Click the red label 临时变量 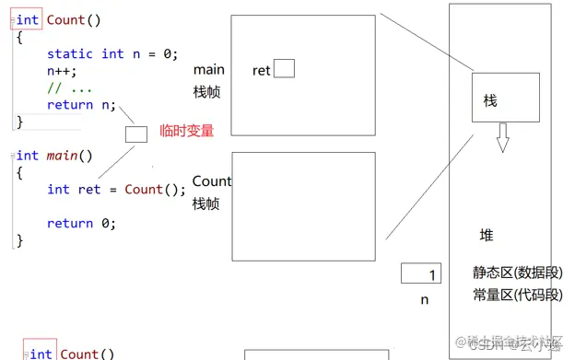pos(186,131)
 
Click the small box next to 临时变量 pos(136,134)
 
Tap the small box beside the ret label pos(284,68)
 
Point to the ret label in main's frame pos(262,70)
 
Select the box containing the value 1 pos(421,274)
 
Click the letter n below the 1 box pos(425,299)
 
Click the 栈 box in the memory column pos(498,100)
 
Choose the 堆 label pos(487,235)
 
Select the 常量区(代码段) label pos(516,295)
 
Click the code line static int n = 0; pos(112,54)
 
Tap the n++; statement pos(63,71)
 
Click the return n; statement pos(82,105)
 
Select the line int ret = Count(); pos(116,190)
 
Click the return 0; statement pos(82,223)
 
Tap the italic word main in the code pos(63,156)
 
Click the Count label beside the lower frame pos(212,181)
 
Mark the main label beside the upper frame pos(209,70)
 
